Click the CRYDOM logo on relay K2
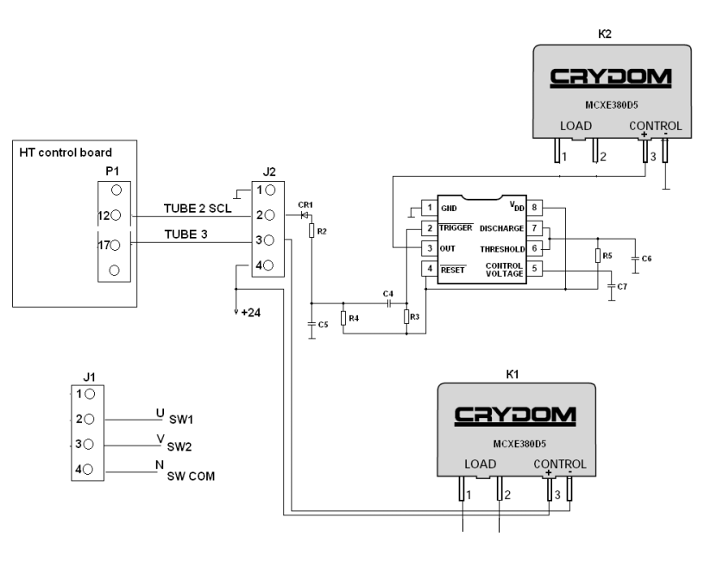(x=610, y=78)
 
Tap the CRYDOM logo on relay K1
(x=515, y=416)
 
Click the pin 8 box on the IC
(x=535, y=208)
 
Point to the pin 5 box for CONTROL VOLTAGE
(x=535, y=270)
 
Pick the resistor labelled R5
(x=597, y=256)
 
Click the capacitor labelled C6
(x=635, y=258)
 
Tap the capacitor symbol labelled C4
(x=389, y=303)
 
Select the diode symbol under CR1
(x=304, y=215)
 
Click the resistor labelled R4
(x=343, y=319)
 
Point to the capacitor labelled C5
(x=311, y=324)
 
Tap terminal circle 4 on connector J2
(x=270, y=265)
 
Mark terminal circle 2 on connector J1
(x=89, y=420)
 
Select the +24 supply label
(x=250, y=312)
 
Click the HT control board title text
(x=66, y=153)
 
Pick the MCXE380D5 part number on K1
(x=515, y=445)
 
